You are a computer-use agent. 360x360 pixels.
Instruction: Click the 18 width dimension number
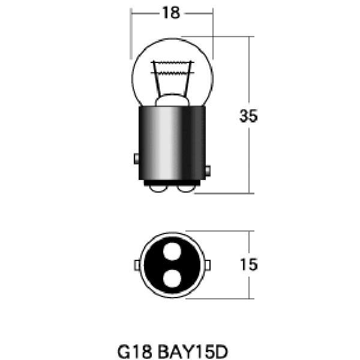pos(171,13)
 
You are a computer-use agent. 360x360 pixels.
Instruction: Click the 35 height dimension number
pos(248,116)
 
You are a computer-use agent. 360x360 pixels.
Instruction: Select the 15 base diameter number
pos(249,265)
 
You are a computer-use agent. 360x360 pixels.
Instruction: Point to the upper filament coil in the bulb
pos(172,62)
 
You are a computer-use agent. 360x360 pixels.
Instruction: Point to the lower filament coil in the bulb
pos(172,73)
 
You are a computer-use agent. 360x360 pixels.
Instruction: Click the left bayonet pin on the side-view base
pos(136,158)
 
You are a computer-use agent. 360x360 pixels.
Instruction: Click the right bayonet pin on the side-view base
pos(208,171)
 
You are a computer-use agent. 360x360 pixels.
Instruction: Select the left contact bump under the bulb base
pos(158,189)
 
